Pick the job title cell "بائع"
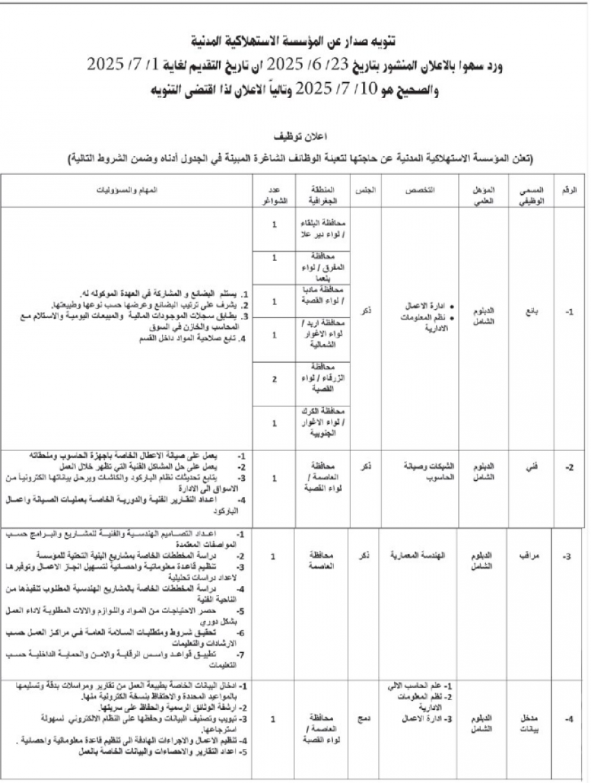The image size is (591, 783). [532, 313]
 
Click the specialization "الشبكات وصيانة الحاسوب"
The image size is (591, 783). [419, 472]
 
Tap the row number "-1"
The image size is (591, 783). [569, 313]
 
